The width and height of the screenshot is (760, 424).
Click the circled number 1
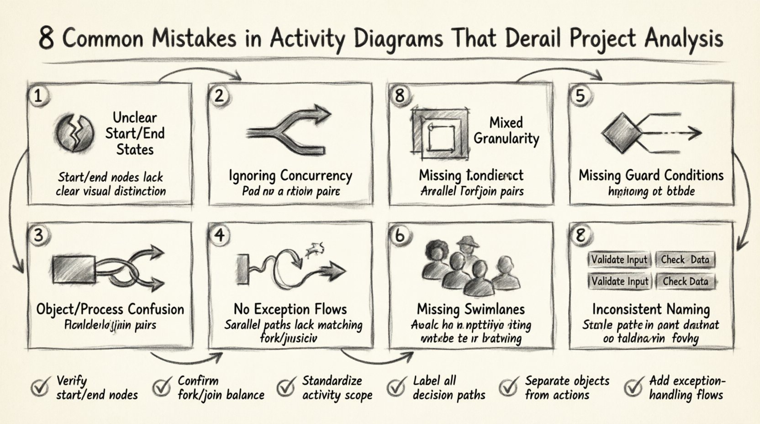38,96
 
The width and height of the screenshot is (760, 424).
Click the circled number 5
580,96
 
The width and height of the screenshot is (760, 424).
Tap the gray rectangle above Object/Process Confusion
74,270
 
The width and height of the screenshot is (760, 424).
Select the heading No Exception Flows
290,309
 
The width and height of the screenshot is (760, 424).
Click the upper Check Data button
685,260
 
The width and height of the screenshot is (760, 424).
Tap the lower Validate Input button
619,281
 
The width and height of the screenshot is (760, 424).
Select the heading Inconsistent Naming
651,309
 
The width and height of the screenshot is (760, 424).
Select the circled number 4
220,235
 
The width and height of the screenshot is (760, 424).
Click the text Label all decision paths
449,388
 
